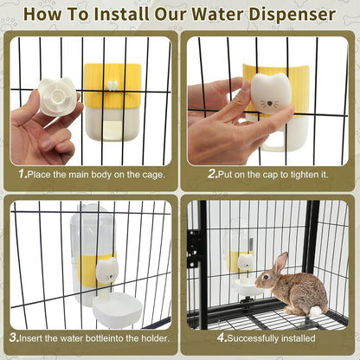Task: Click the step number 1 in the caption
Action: [x=22, y=173]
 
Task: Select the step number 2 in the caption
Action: [x=211, y=173]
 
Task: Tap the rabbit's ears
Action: [x=280, y=261]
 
